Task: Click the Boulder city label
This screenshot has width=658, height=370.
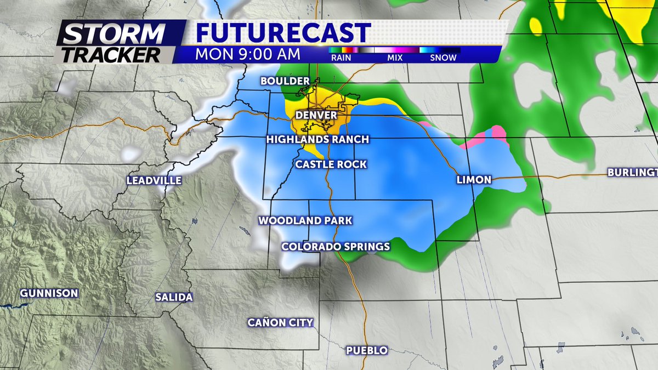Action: click(281, 81)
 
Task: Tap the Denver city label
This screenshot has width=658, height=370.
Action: click(315, 116)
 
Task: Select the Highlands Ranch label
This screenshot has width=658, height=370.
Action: click(317, 139)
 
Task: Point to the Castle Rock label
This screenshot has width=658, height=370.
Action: click(331, 164)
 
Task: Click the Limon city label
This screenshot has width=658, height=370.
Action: click(474, 180)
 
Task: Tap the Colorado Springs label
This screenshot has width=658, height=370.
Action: click(336, 247)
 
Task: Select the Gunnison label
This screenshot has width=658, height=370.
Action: click(49, 293)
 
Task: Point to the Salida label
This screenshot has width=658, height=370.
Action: click(174, 298)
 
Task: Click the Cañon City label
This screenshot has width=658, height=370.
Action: click(280, 322)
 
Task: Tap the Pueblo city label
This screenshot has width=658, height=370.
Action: click(367, 350)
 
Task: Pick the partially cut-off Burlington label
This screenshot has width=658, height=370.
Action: click(632, 173)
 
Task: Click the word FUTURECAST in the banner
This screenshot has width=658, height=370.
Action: click(283, 33)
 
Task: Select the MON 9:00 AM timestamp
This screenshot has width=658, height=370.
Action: click(248, 54)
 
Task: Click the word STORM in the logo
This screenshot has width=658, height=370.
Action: click(114, 35)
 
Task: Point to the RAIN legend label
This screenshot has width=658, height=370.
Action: click(341, 58)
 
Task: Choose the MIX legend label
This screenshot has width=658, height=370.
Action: click(394, 58)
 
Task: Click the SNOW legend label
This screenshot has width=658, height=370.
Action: click(443, 58)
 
